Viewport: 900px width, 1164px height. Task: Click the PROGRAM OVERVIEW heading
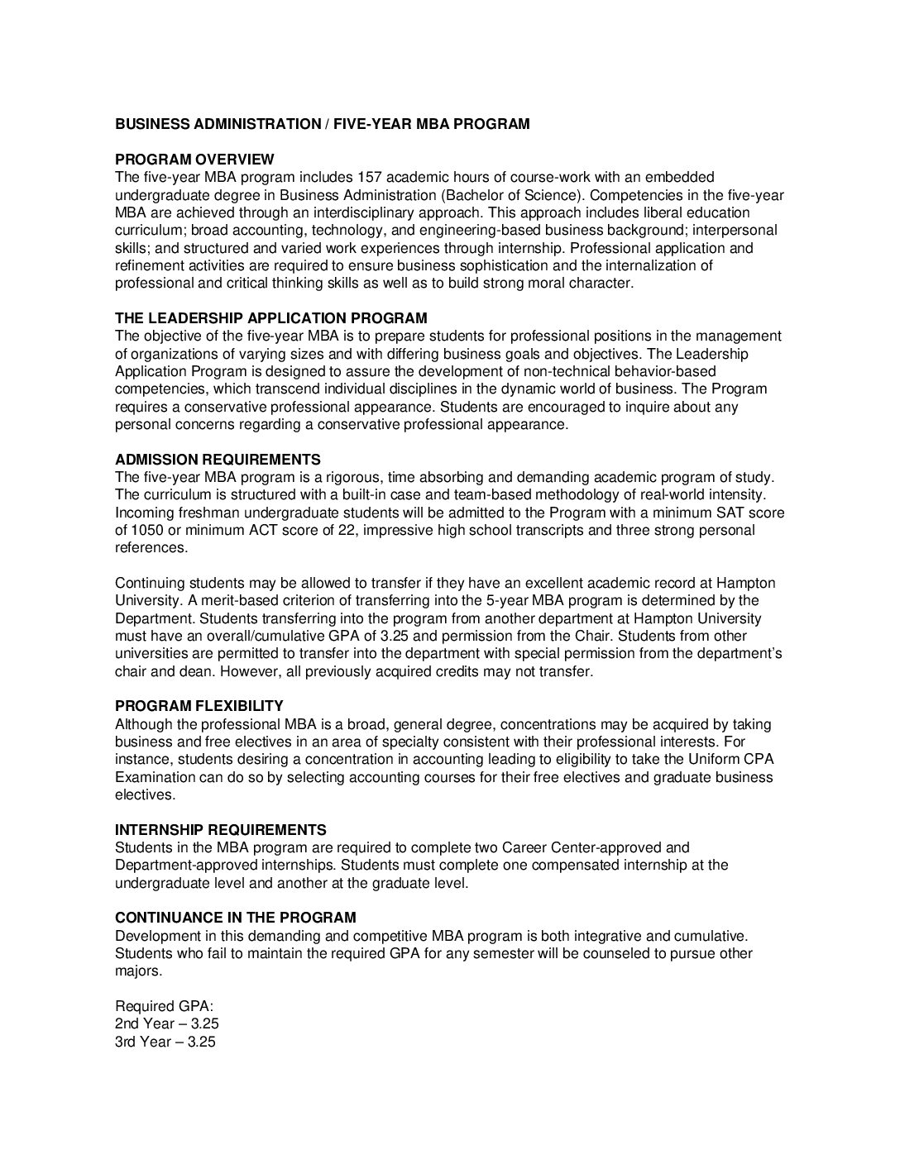tap(194, 160)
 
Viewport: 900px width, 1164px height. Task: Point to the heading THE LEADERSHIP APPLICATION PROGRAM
tap(271, 318)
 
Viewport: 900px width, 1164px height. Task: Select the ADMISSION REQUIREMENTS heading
tap(218, 460)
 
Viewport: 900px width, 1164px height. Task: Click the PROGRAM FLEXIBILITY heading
tap(199, 707)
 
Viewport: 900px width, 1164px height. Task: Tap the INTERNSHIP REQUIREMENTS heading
tap(221, 830)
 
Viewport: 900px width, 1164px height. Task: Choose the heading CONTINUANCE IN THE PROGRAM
tap(236, 918)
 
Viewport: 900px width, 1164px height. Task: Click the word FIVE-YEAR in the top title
tap(370, 124)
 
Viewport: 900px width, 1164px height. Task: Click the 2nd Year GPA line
tap(167, 1024)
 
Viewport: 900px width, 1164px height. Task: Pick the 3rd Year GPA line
tap(165, 1042)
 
